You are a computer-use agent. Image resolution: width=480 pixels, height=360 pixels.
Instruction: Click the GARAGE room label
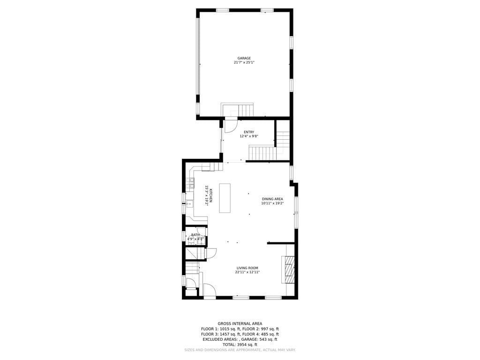coord(244,58)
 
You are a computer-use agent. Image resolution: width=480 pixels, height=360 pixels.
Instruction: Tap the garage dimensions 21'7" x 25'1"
coord(244,62)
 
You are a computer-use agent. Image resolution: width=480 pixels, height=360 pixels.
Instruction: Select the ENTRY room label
coord(249,132)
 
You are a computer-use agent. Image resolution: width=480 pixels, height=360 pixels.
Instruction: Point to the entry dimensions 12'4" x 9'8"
coord(249,136)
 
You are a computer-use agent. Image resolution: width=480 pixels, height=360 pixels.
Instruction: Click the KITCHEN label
coord(211,195)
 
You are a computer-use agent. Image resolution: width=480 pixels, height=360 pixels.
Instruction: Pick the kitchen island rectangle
coord(225,198)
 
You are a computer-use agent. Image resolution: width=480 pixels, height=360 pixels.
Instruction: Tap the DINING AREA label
coord(272,199)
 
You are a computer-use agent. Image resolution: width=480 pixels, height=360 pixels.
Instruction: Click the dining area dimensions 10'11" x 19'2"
coord(272,203)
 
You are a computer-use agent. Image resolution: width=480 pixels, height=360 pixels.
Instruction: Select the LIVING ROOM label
coord(247,268)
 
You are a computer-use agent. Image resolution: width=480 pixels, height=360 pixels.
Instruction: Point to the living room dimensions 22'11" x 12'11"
coord(247,272)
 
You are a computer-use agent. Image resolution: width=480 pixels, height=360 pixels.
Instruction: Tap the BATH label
coord(195,235)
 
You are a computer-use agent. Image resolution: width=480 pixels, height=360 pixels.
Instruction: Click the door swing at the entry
coord(231,126)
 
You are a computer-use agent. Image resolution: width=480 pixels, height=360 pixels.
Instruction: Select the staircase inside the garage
coord(238,110)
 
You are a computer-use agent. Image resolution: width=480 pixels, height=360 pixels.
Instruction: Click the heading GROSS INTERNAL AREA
coord(240,323)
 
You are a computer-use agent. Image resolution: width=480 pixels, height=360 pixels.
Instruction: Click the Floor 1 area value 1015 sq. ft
coord(227,329)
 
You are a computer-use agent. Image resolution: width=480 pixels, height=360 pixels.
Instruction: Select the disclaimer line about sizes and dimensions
coord(240,350)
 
